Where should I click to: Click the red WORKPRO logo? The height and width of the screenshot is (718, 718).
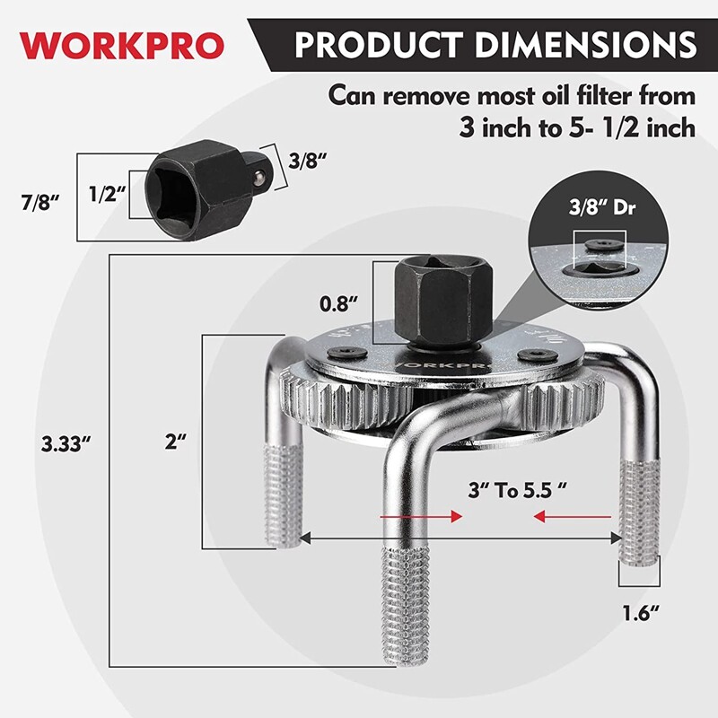coord(117,43)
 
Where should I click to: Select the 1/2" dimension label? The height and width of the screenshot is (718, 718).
coord(107,194)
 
